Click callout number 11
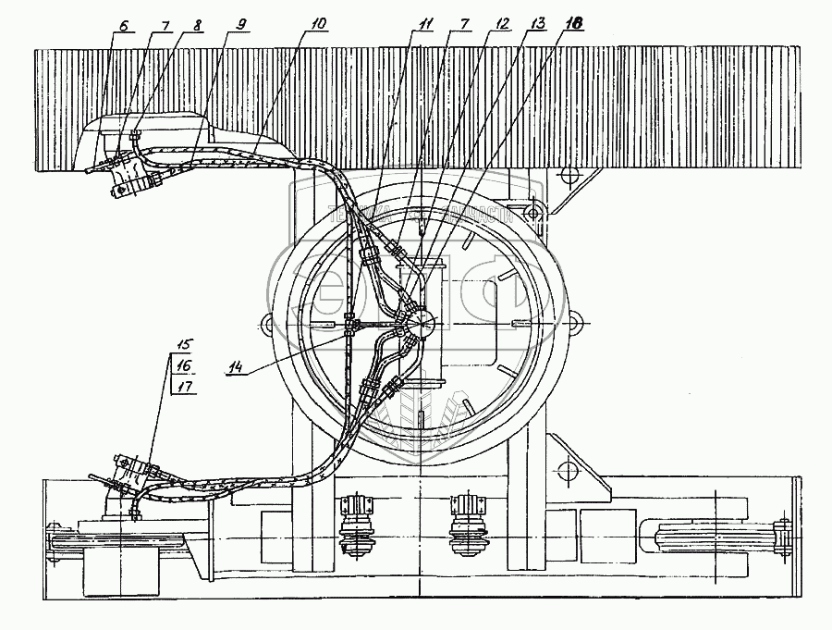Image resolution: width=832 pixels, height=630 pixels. pyautogui.click(x=423, y=26)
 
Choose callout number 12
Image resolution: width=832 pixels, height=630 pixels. pyautogui.click(x=503, y=26)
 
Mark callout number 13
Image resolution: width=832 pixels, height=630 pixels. pyautogui.click(x=538, y=26)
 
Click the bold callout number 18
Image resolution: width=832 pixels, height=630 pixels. pyautogui.click(x=575, y=26)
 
